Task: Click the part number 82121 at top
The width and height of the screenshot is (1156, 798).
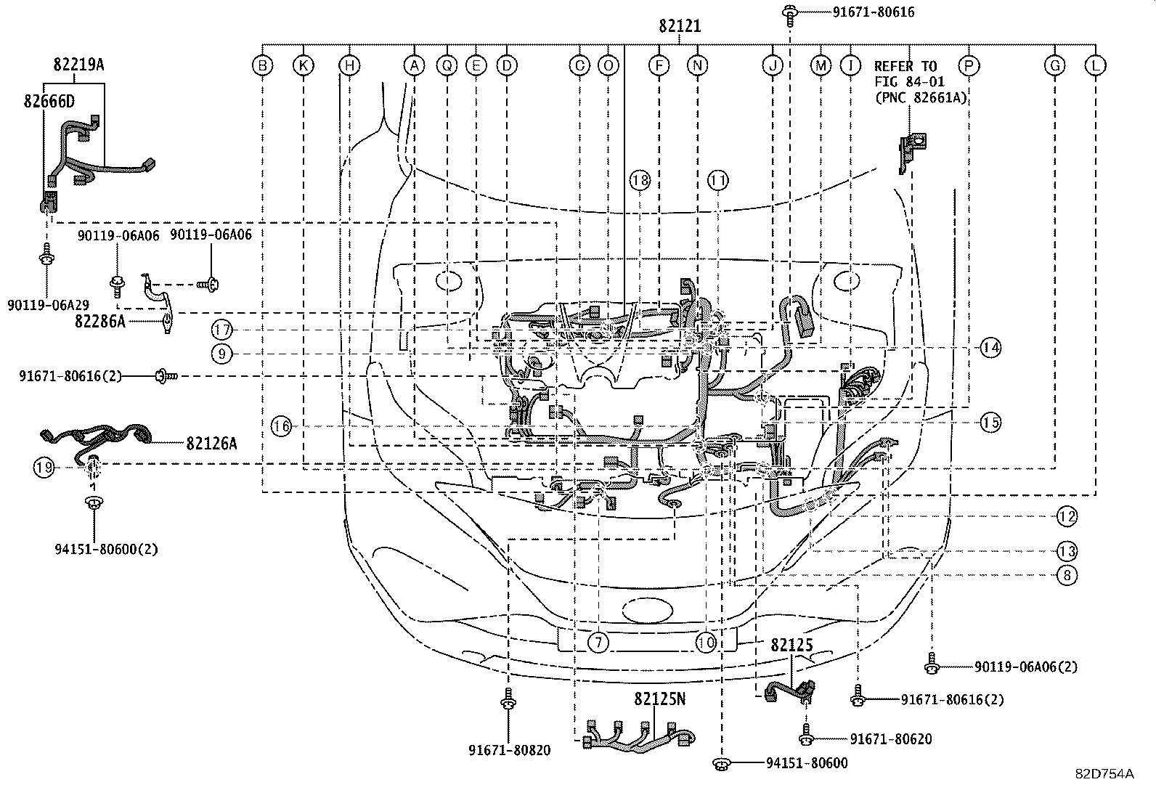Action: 680,26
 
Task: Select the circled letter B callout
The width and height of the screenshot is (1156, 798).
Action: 263,66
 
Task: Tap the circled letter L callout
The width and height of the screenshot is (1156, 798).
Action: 1095,66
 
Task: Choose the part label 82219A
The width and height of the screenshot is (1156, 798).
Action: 78,65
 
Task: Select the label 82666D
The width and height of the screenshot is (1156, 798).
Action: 47,101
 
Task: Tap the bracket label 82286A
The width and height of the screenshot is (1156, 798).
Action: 99,320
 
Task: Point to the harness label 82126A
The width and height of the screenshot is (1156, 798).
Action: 211,442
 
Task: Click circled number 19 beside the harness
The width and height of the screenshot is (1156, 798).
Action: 44,468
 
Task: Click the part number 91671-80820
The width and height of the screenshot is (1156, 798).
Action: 509,750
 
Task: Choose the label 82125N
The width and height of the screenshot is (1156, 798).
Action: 659,699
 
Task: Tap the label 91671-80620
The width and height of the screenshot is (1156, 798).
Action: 890,739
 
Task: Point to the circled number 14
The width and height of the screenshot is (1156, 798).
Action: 990,348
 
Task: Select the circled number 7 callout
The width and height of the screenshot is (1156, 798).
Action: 598,643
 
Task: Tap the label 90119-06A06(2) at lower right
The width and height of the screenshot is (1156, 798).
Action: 1025,667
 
